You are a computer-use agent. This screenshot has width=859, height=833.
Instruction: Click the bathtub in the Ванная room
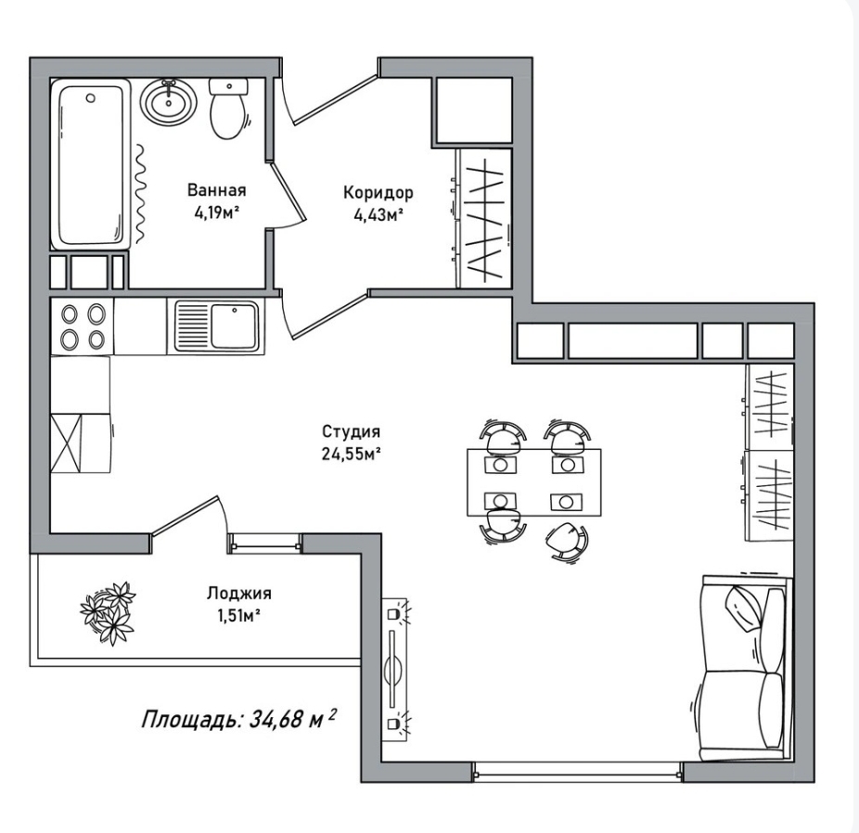(90, 164)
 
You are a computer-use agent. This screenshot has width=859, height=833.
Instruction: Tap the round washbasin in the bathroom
(168, 102)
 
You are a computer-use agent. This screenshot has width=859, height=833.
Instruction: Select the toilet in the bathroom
(228, 109)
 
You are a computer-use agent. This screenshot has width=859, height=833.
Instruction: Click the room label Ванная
(216, 190)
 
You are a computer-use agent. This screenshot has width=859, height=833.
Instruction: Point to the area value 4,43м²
(378, 215)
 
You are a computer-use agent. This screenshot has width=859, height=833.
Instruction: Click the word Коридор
(378, 193)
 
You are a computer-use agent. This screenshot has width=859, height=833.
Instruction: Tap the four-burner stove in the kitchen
(83, 327)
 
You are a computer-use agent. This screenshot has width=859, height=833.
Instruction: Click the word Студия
(351, 431)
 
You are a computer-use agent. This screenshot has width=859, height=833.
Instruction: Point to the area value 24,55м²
(352, 454)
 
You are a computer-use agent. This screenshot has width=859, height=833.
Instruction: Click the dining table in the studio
(533, 482)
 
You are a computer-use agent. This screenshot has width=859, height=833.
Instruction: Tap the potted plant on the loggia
(108, 613)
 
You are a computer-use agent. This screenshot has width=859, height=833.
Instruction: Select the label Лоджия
(238, 593)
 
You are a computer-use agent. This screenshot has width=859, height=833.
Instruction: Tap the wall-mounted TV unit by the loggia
(394, 670)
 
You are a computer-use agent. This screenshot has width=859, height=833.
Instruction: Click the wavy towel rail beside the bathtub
(141, 193)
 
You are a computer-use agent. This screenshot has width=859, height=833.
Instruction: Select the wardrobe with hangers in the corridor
(484, 218)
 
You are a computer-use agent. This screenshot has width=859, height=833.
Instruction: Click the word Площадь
(191, 719)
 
